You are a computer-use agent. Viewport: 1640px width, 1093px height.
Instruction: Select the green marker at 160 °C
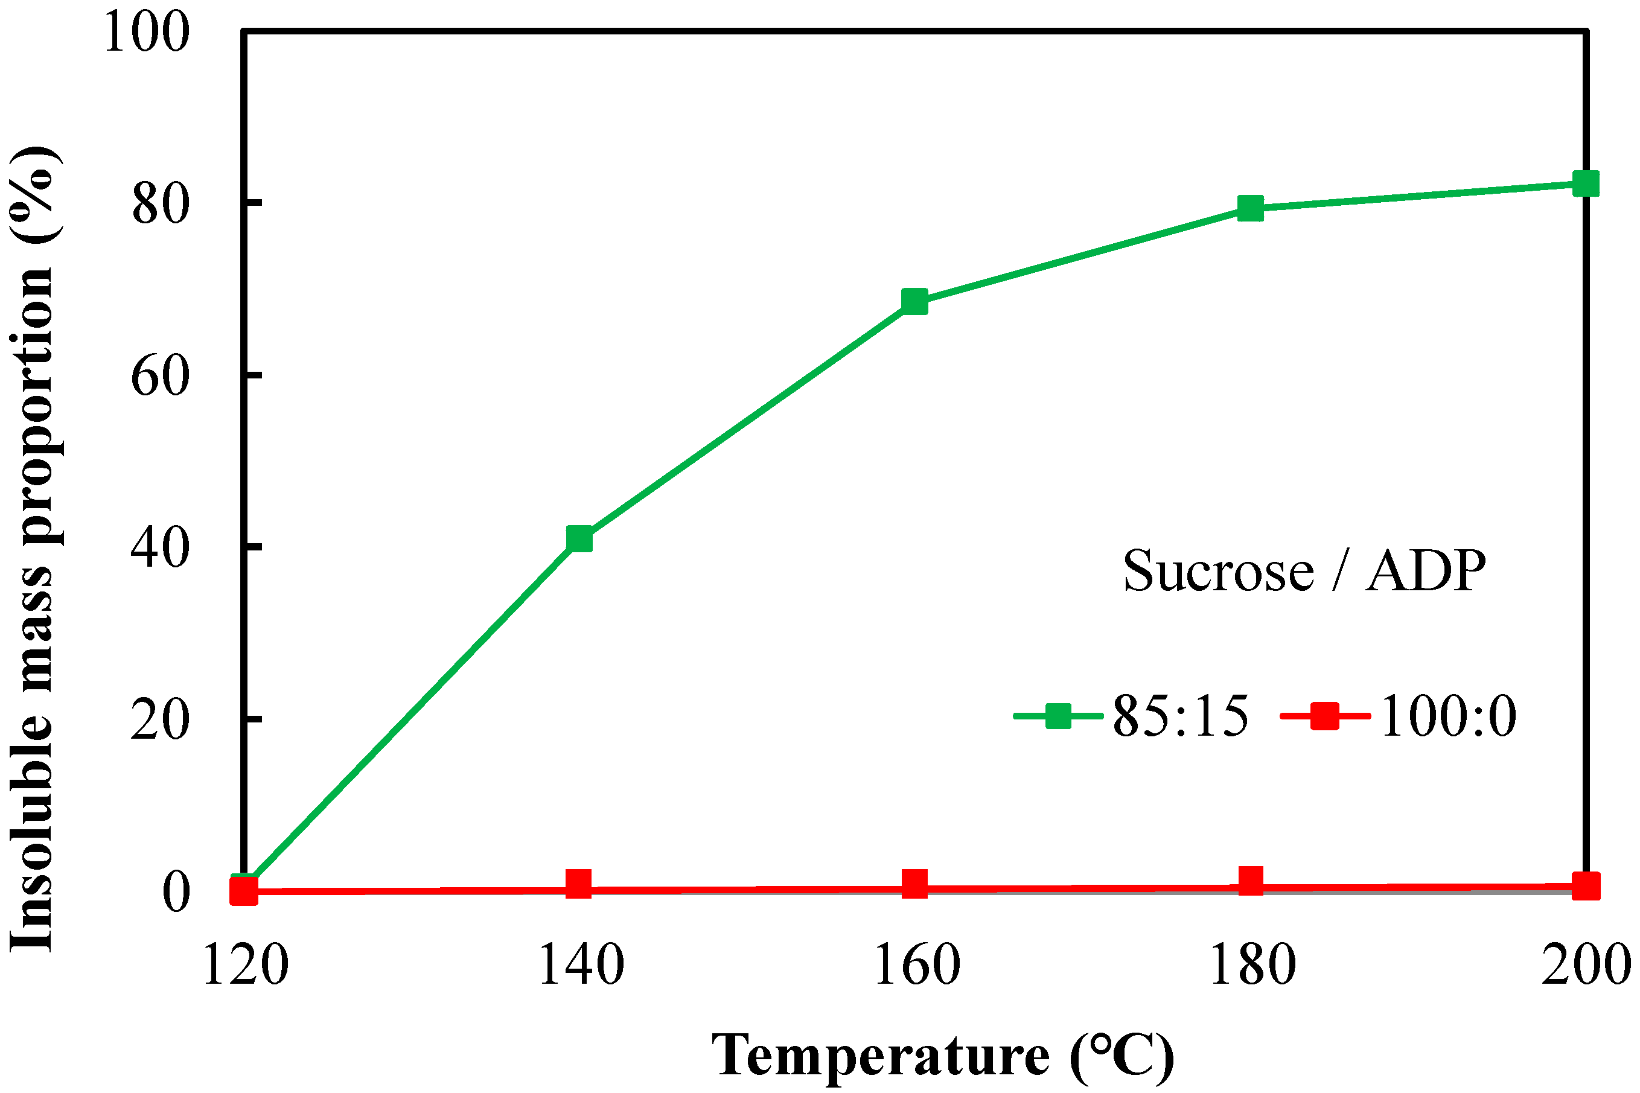914,302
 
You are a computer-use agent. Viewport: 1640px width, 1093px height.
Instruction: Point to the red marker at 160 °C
914,883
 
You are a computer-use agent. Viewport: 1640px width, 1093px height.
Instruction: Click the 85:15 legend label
1180,716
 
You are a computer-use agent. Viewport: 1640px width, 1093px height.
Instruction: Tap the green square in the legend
1059,716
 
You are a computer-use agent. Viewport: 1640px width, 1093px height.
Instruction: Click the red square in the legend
1324,716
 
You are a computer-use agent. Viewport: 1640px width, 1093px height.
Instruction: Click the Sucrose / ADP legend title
1304,571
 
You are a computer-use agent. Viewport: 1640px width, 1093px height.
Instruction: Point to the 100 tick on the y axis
146,32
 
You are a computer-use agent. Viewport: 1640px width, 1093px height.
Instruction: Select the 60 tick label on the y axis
161,376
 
